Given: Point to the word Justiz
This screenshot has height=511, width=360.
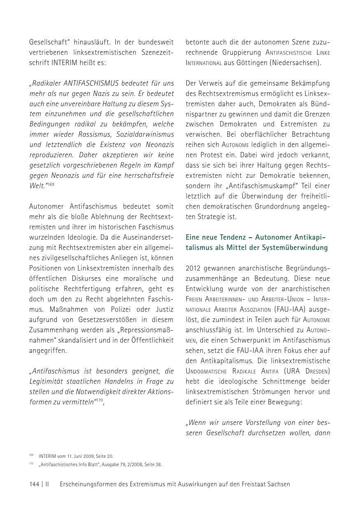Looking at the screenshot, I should pos(164,309).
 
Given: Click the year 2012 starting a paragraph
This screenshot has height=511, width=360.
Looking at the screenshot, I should pos(194,268).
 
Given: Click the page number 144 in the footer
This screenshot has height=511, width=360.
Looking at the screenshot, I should pos(34,484).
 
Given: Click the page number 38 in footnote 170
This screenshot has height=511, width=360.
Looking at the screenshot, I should pos(158,465).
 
